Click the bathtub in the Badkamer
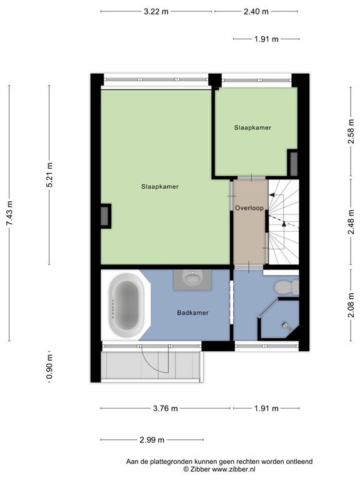point(126,305)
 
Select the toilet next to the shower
point(286,287)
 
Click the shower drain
point(286,325)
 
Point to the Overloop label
point(249,208)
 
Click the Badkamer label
point(193,313)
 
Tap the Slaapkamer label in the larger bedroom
point(160,187)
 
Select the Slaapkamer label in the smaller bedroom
point(252,127)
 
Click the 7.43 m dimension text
point(10,213)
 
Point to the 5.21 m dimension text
point(49,174)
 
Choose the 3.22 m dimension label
point(156,12)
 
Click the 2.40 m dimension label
point(256,12)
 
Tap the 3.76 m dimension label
point(165,408)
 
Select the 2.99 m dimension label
point(152,440)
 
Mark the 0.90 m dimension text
point(49,366)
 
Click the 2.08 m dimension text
point(351,305)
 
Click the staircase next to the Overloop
point(284,222)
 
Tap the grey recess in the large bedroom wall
point(105,216)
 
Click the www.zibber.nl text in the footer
point(234,469)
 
